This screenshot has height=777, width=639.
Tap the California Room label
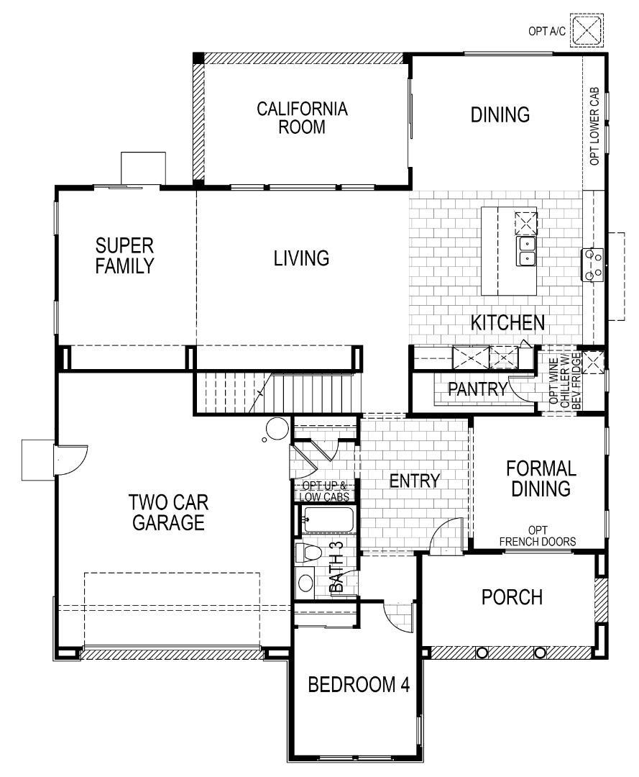pyautogui.click(x=302, y=118)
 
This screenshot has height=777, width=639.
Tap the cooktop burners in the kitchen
pyautogui.click(x=592, y=263)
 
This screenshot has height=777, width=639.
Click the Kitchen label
pyautogui.click(x=507, y=322)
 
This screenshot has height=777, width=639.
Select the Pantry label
pyautogui.click(x=478, y=389)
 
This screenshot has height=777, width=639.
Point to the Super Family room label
pyautogui.click(x=124, y=255)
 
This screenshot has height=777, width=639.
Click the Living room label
pyautogui.click(x=301, y=258)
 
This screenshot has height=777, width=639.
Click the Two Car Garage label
pyautogui.click(x=167, y=512)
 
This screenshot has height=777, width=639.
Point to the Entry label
pyautogui.click(x=414, y=481)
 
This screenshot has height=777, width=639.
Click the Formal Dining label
pyautogui.click(x=541, y=478)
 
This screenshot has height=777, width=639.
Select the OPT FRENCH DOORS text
pyautogui.click(x=538, y=536)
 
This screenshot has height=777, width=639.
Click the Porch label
pyautogui.click(x=512, y=597)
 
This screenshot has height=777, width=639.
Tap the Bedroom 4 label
pyautogui.click(x=359, y=684)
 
